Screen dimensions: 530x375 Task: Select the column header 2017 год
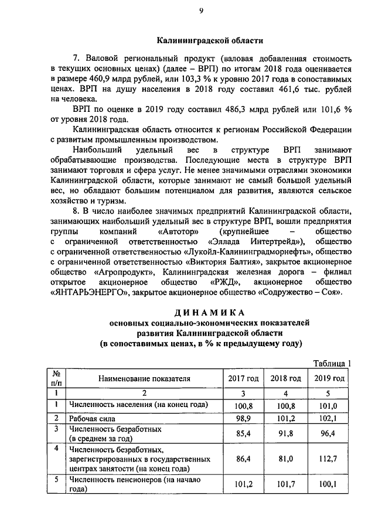(x=243, y=378)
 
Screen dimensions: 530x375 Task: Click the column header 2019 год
(x=329, y=378)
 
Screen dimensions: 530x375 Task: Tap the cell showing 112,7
(x=329, y=459)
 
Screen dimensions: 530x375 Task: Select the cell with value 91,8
(x=286, y=433)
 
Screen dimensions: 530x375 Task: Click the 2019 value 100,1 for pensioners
(x=329, y=485)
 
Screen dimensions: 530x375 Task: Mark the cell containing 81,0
(x=286, y=459)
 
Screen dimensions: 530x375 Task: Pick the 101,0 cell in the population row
(x=329, y=405)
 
